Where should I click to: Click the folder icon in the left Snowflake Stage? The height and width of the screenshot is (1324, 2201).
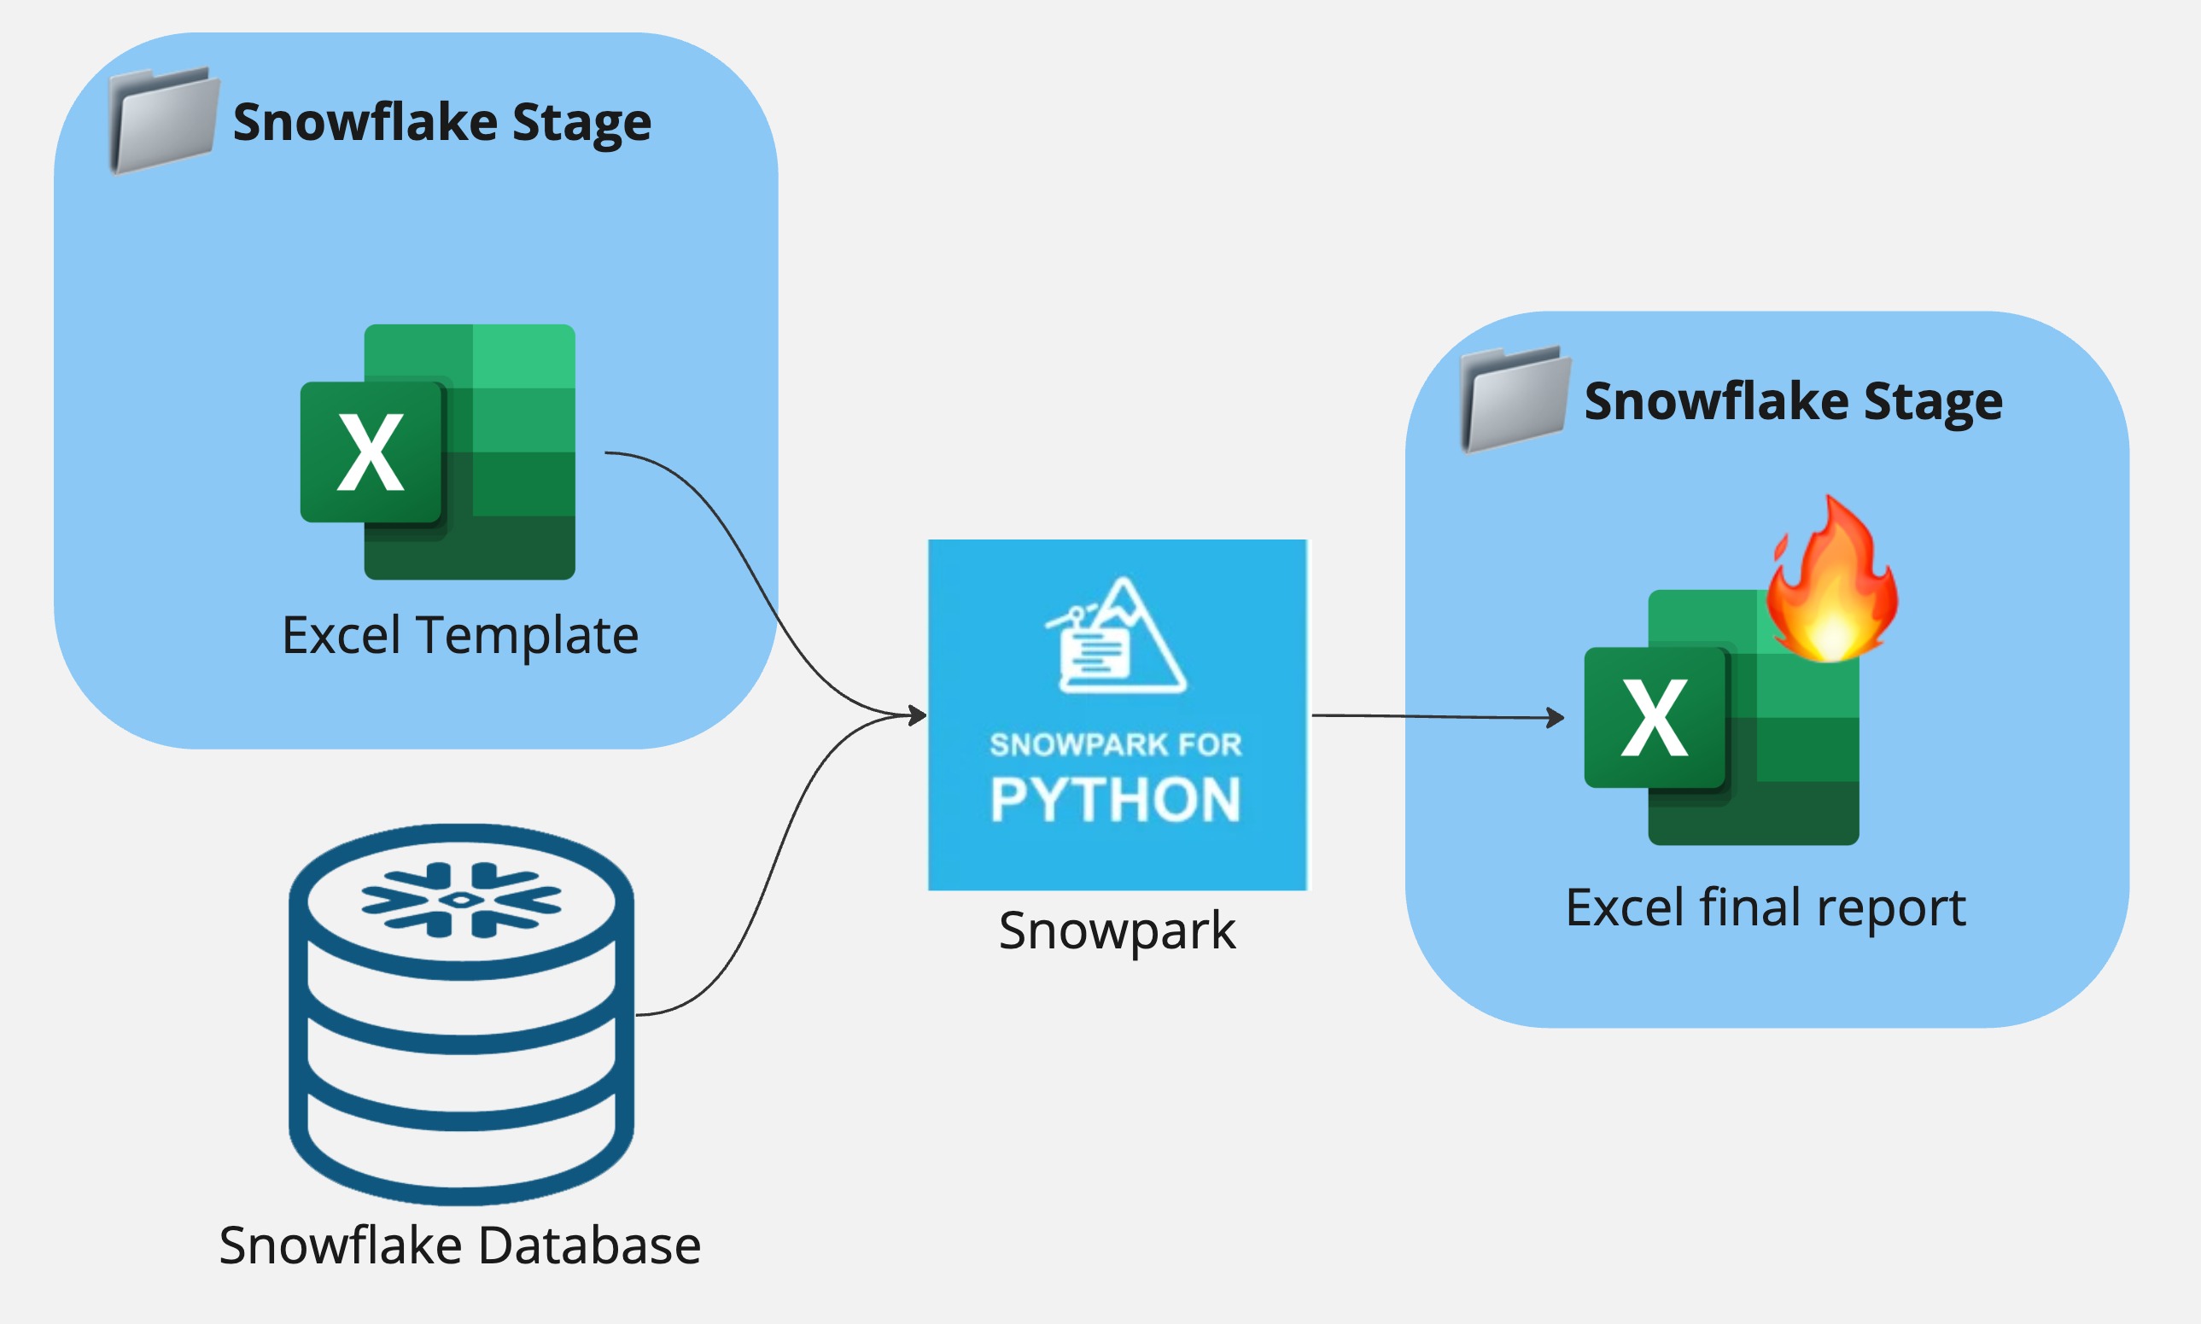point(163,120)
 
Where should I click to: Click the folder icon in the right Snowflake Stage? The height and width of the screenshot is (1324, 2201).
point(1514,400)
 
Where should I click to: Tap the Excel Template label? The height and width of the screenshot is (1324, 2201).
point(459,635)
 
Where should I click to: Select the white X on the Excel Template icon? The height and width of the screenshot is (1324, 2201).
point(371,453)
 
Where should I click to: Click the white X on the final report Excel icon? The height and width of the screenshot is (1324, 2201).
point(1654,718)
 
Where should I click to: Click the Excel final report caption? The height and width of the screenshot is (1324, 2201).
point(1765,908)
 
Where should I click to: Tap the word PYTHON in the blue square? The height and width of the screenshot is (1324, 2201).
point(1115,799)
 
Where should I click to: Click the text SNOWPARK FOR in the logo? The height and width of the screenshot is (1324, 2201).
point(1115,745)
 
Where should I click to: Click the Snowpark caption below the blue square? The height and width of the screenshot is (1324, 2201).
point(1117,930)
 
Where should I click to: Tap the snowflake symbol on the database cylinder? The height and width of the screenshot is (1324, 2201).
point(461,901)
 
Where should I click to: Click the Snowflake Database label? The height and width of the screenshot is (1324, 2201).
point(459,1245)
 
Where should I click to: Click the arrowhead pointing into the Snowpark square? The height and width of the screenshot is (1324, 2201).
point(918,714)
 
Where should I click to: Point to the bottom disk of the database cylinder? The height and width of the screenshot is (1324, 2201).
point(461,1160)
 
